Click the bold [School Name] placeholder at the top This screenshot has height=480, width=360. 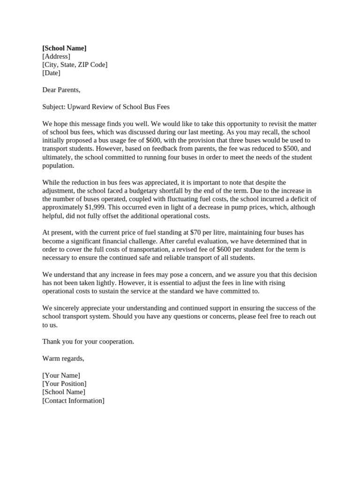click(x=64, y=48)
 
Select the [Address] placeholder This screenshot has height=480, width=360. click(x=56, y=56)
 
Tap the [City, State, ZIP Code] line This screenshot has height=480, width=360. click(x=75, y=65)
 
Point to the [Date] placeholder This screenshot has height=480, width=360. click(x=51, y=73)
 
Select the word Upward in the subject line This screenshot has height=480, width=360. click(x=79, y=107)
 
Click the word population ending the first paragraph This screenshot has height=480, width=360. click(x=58, y=165)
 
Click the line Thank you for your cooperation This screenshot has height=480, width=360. click(x=88, y=341)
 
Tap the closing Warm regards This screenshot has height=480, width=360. click(x=63, y=358)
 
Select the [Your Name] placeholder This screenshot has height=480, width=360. click(x=61, y=375)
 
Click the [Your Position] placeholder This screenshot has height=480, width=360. click(x=64, y=383)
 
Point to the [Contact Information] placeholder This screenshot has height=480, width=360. click(x=73, y=400)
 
